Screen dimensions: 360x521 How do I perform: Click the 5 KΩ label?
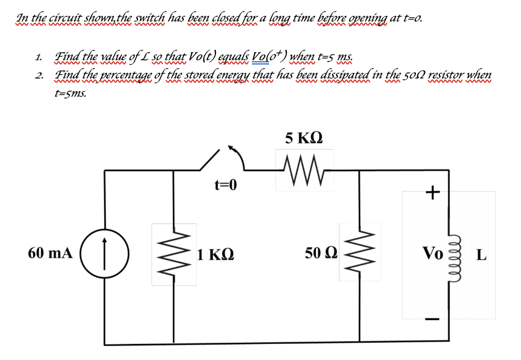[x=304, y=139]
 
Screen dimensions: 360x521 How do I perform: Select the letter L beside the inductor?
[x=482, y=254]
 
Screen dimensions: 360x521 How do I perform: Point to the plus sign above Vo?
[x=432, y=192]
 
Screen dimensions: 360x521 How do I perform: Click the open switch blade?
[x=210, y=161]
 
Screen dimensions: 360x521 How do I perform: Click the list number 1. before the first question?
[x=37, y=57]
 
